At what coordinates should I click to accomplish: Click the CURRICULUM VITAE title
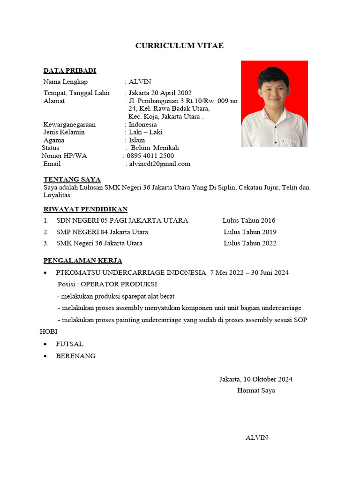pos(180,45)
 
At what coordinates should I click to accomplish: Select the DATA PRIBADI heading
pos(69,71)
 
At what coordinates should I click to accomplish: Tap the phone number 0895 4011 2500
pos(150,156)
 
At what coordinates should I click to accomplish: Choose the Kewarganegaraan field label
pos(69,124)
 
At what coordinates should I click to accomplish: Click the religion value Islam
pos(137,140)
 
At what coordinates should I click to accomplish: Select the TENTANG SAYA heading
pos(72,179)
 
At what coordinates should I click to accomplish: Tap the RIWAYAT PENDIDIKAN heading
pos(85,209)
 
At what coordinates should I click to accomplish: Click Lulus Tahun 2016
pos(249,220)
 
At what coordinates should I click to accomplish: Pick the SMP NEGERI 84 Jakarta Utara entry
pos(102,232)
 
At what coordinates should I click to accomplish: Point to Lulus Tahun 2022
pos(250,243)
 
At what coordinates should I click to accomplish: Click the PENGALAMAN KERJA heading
pos(82,261)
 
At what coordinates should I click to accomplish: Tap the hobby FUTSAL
pos(69,344)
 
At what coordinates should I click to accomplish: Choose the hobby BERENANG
pos(75,356)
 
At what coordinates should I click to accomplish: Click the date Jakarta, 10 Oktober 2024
pos(255,379)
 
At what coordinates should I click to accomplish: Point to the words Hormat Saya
pos(256,390)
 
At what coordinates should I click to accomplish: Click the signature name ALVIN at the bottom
pos(256,437)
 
